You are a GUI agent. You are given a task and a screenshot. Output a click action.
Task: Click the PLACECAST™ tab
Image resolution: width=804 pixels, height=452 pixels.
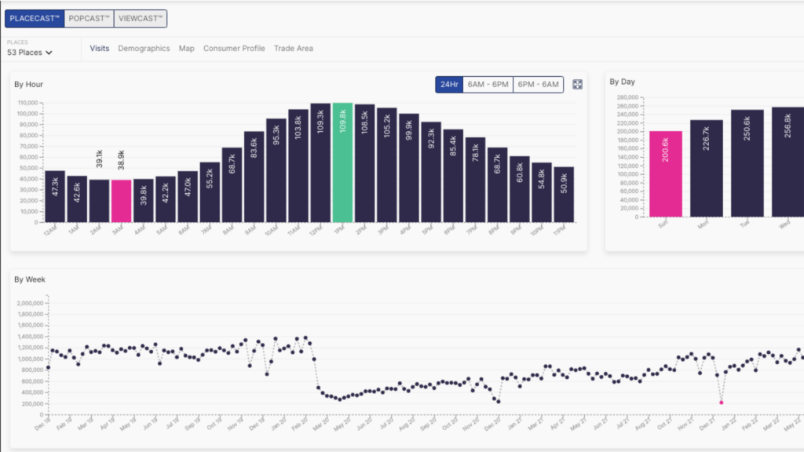point(35,18)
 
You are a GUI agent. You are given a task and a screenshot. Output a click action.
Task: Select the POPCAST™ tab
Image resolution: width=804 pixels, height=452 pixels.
point(89,18)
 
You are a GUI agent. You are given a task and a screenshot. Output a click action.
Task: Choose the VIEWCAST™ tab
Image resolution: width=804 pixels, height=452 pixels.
point(141,18)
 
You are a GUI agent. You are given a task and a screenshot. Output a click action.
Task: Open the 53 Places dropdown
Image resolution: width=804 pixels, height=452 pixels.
point(30,53)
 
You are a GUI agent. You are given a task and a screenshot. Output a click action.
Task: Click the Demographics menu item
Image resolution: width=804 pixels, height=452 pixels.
point(144,49)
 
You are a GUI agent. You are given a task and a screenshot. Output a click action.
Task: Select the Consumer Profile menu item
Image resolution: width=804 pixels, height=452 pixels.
point(234,49)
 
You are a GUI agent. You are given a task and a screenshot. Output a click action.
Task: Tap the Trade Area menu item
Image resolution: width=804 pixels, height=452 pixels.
point(294,49)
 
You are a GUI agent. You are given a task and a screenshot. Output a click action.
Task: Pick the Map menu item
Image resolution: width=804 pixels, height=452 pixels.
point(186,49)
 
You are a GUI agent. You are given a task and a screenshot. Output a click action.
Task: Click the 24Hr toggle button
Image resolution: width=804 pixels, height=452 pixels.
point(449,84)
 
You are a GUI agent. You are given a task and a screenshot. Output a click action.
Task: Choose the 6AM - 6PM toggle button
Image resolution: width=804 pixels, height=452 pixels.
point(488,84)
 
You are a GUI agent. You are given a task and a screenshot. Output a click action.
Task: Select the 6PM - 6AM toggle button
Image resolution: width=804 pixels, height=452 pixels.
point(539,84)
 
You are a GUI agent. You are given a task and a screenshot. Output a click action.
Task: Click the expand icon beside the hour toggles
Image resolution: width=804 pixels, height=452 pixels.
point(577,84)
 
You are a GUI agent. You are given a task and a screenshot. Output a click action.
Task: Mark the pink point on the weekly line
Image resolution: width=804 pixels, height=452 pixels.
point(722,402)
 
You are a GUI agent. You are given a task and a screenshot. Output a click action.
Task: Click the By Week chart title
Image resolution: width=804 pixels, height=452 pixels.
point(31,279)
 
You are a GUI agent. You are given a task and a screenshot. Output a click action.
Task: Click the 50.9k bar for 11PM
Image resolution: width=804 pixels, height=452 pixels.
point(564,194)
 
